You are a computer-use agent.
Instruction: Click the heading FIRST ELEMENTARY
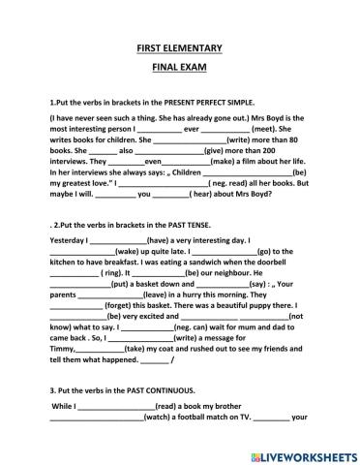(179, 47)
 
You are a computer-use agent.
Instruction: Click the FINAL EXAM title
(179, 71)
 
